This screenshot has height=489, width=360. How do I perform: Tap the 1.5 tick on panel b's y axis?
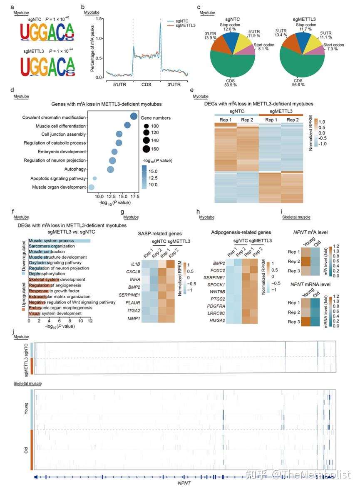[99, 19]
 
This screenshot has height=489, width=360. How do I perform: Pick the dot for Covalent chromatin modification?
[134, 117]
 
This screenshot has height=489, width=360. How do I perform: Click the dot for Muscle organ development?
[91, 187]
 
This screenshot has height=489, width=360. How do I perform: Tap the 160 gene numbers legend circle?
[146, 149]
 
